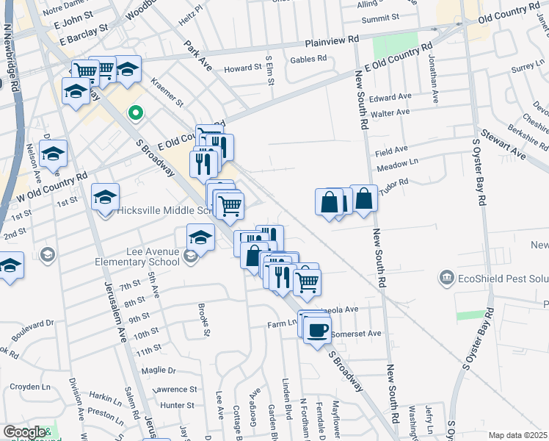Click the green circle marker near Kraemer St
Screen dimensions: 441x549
click(135, 113)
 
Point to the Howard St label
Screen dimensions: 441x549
click(243, 68)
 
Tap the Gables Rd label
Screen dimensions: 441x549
click(308, 60)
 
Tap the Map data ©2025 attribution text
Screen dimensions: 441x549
click(518, 435)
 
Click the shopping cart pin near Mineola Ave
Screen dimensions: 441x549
click(307, 281)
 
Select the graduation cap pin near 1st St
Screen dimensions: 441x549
click(106, 197)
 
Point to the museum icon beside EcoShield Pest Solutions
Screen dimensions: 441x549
click(446, 277)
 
